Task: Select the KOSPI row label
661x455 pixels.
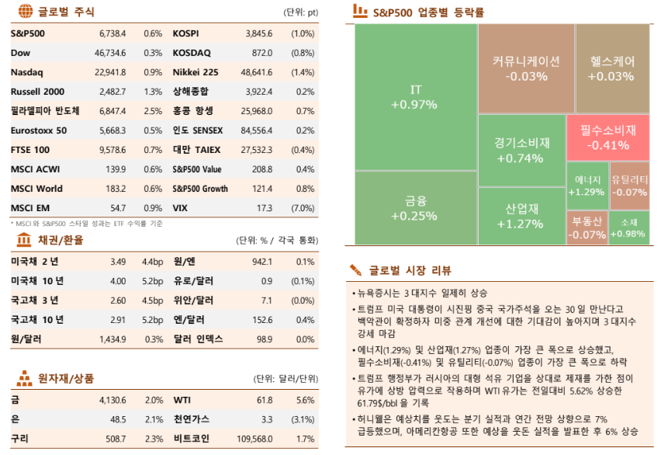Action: [185, 34]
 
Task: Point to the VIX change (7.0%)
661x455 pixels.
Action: [302, 208]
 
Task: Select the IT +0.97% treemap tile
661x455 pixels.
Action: [416, 97]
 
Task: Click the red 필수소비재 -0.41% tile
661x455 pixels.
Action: [607, 137]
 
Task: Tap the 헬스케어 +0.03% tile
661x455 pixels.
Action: [611, 68]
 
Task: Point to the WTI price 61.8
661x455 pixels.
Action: [264, 400]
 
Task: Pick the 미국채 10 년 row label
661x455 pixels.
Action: [37, 281]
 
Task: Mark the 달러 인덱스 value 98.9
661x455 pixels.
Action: [264, 339]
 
